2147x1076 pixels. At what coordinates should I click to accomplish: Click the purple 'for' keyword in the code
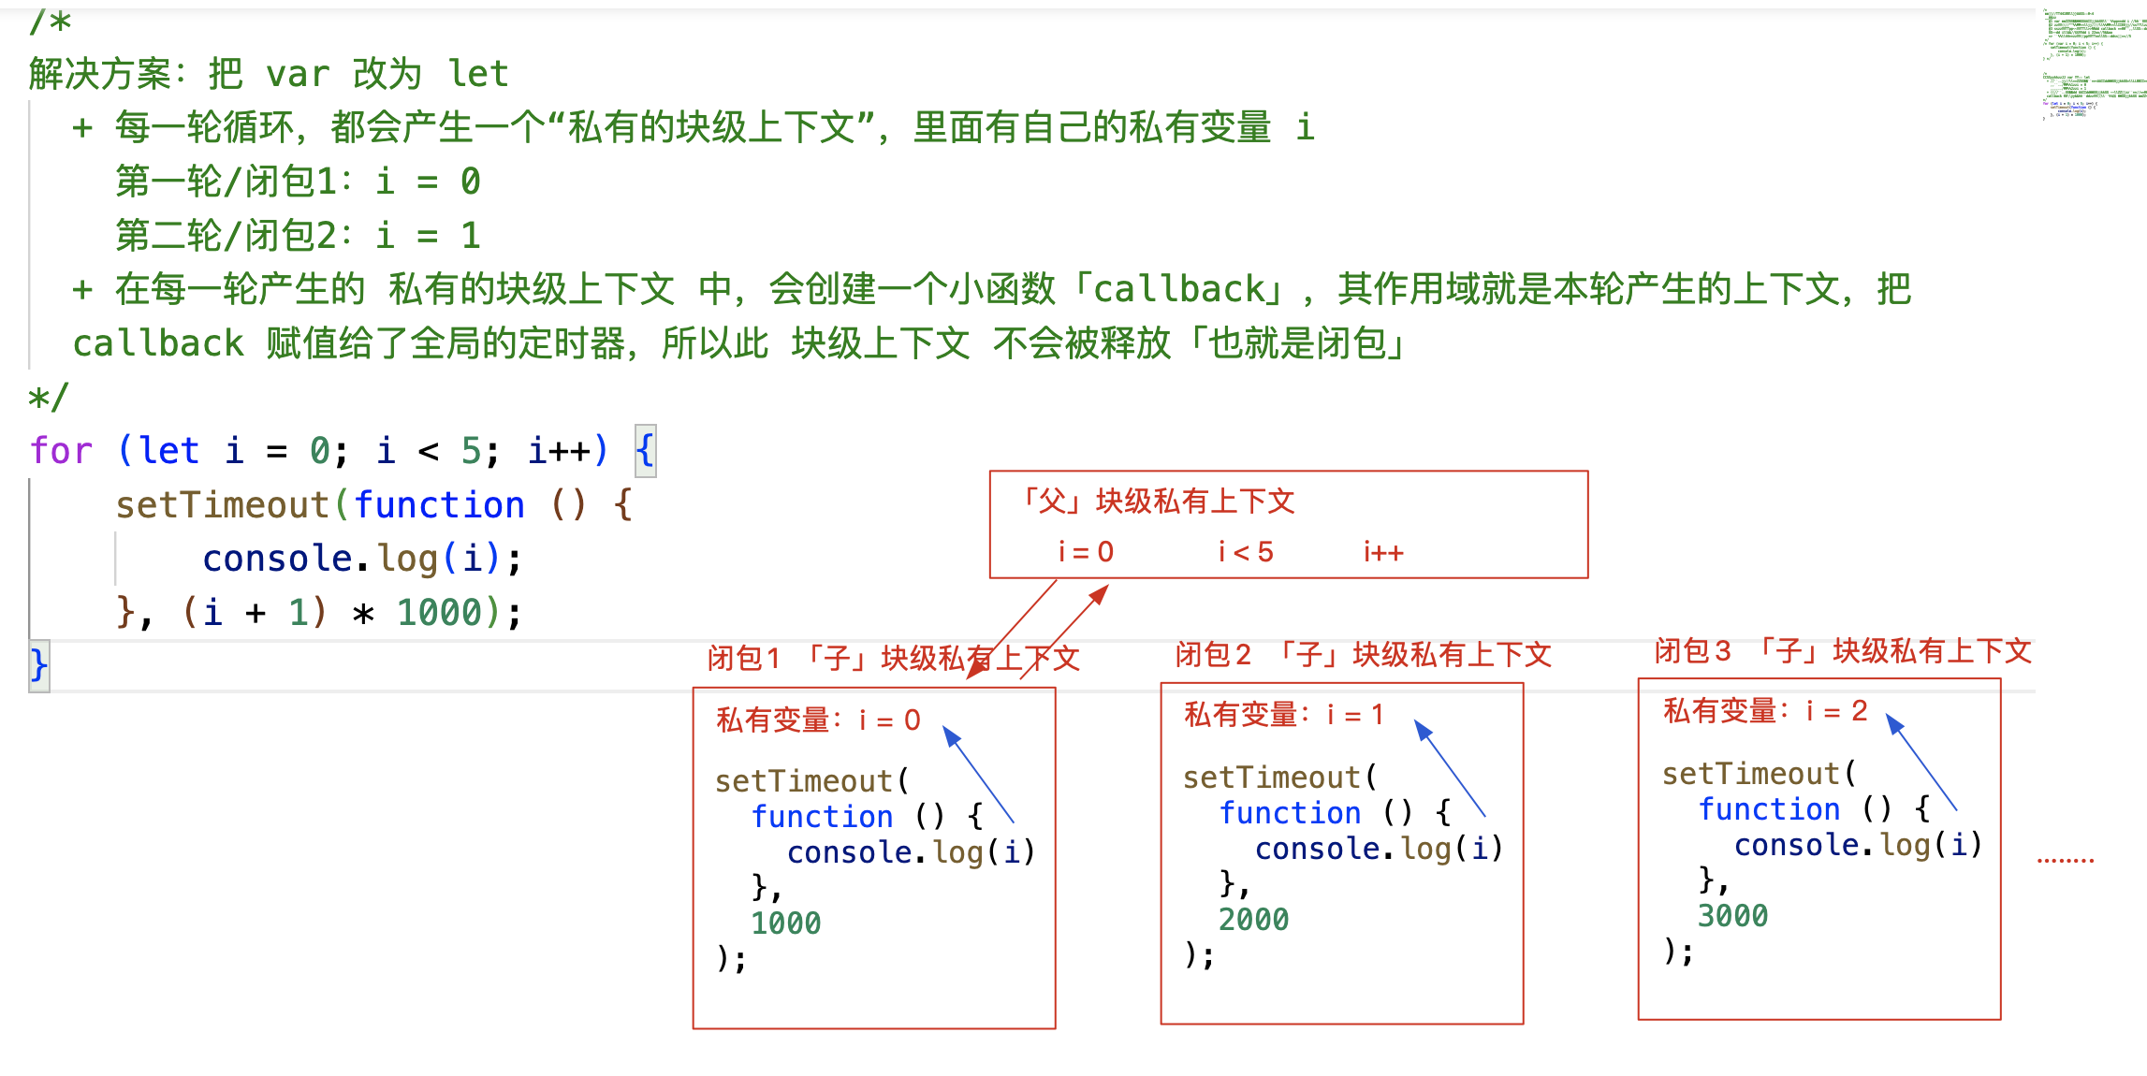click(x=61, y=451)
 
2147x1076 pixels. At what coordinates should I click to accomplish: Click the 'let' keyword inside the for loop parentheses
click(x=169, y=451)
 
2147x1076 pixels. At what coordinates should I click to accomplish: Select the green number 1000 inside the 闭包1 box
click(x=785, y=923)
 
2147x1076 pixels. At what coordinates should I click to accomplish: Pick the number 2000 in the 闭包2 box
click(x=1253, y=920)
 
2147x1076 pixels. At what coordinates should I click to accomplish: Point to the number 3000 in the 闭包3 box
click(x=1732, y=916)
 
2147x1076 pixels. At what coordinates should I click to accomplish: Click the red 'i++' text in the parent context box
click(x=1382, y=552)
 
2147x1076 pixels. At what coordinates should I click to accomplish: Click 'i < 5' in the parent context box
click(x=1245, y=552)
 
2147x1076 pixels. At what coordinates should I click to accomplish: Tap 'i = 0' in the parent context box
click(x=1086, y=552)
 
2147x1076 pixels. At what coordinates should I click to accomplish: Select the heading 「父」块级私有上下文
click(x=1157, y=502)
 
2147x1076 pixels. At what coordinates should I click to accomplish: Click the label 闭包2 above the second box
click(x=1213, y=655)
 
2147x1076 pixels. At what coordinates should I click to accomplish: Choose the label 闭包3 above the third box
click(x=1692, y=651)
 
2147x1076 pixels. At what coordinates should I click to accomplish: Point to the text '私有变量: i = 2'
click(x=1765, y=711)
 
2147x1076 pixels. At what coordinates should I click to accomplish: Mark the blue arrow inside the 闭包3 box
click(x=1921, y=762)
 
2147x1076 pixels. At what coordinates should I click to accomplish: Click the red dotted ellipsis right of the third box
click(x=2066, y=860)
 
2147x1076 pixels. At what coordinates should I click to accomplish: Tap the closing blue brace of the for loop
click(x=38, y=665)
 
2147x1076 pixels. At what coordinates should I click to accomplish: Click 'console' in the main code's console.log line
click(x=277, y=559)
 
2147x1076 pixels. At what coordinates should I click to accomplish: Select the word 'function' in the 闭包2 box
click(x=1290, y=813)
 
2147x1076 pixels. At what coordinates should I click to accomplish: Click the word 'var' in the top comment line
click(x=298, y=74)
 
